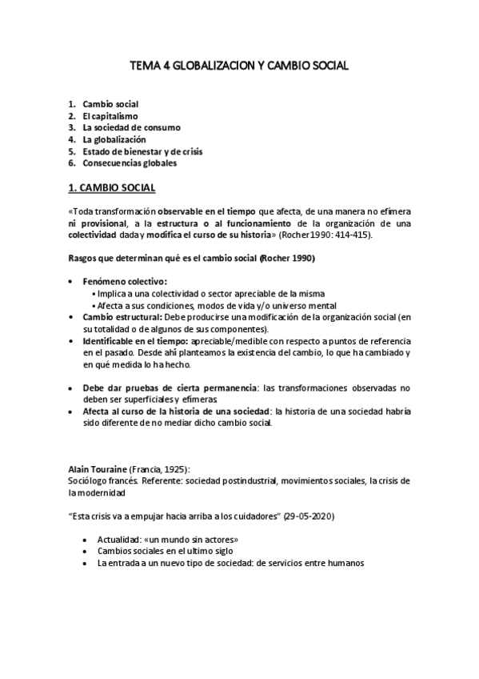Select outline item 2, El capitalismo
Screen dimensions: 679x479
point(110,116)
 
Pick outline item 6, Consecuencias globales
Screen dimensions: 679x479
point(130,163)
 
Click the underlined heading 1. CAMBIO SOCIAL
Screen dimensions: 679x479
point(108,189)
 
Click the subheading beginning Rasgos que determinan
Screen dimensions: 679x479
point(190,258)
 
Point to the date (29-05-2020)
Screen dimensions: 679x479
point(305,516)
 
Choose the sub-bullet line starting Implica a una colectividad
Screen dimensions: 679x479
point(214,294)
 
